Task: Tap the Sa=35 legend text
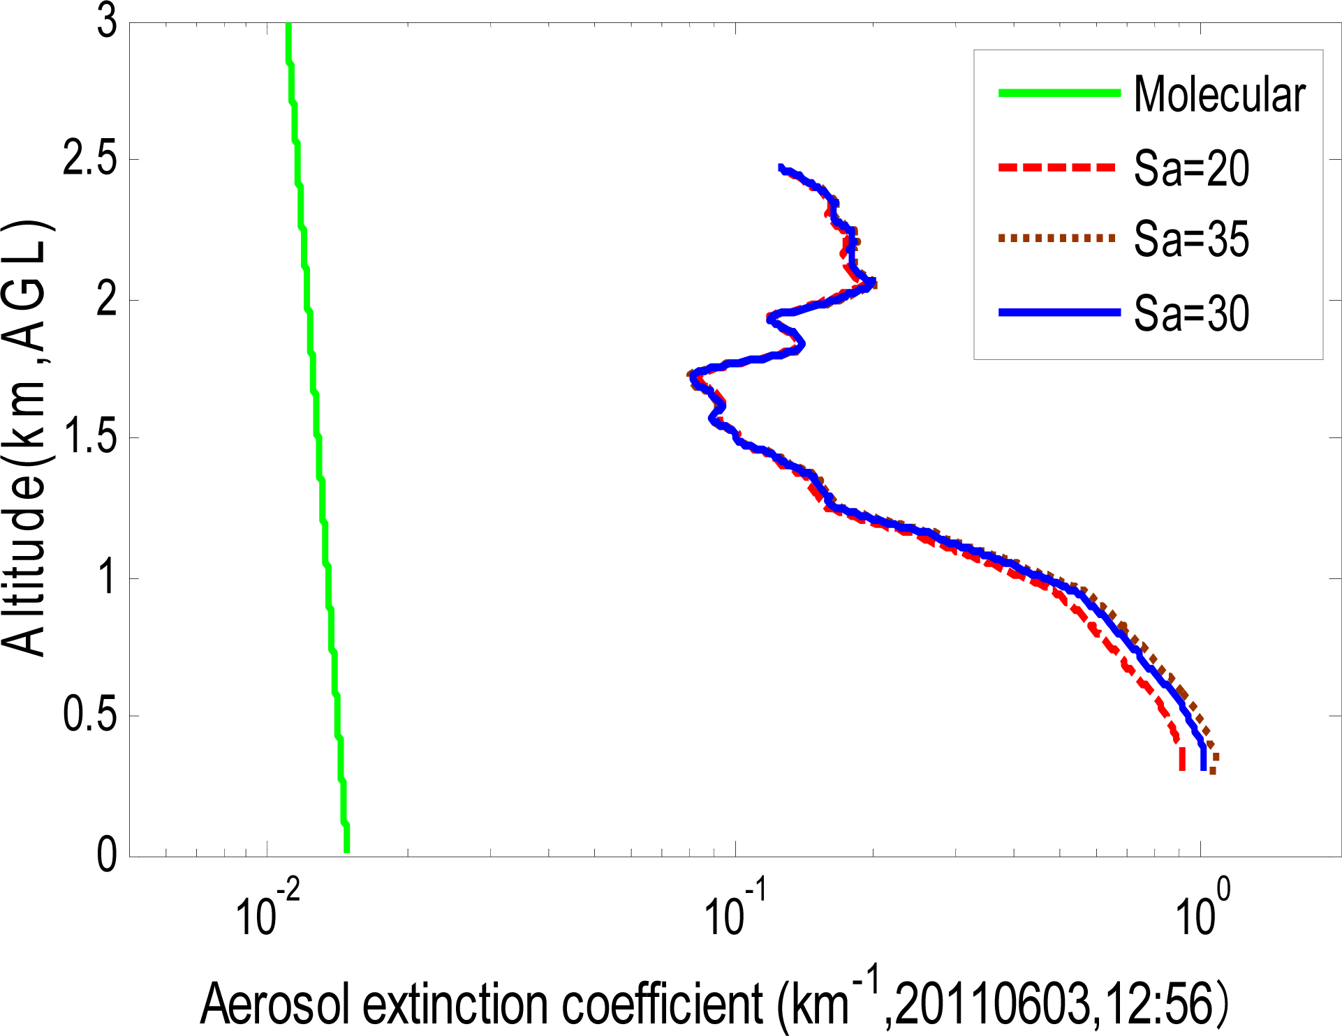tap(1191, 239)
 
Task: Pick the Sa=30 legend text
tap(1191, 313)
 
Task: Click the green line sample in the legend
tap(1059, 93)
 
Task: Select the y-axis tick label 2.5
tap(90, 159)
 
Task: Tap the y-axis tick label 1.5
tap(90, 437)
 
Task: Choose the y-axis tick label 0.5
tap(90, 714)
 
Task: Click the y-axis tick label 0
tap(107, 854)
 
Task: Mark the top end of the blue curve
tap(782, 168)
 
